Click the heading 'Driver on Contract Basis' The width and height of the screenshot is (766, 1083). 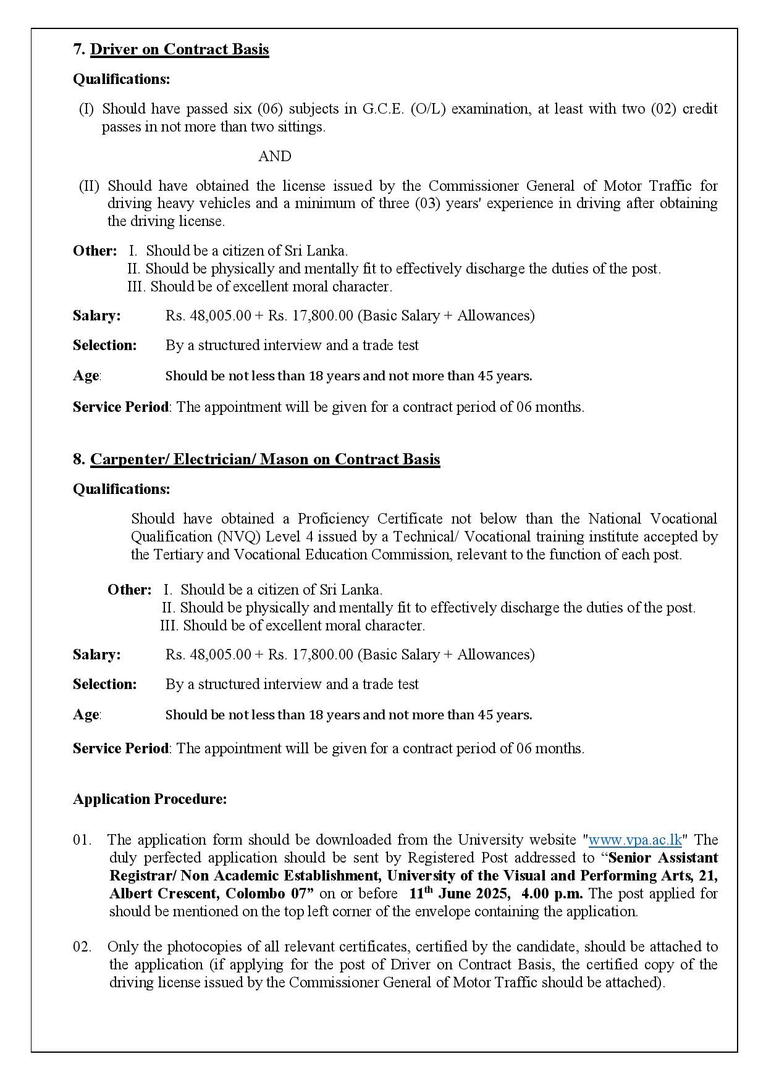pos(179,49)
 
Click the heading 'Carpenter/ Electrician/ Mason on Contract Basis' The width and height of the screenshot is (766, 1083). pos(265,459)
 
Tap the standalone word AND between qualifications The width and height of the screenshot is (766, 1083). pos(275,157)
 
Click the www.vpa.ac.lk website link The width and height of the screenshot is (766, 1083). pos(634,840)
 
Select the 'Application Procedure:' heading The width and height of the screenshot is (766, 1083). pos(149,799)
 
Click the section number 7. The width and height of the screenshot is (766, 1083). pos(79,49)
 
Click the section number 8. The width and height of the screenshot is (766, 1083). pos(79,459)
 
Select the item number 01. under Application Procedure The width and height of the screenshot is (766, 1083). pos(82,840)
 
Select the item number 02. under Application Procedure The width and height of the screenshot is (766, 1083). pos(82,947)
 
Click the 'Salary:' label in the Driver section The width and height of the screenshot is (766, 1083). pos(97,316)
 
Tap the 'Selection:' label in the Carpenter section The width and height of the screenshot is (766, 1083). pos(104,684)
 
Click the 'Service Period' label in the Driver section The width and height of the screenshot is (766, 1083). pos(120,407)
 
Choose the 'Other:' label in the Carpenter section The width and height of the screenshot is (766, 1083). pos(129,590)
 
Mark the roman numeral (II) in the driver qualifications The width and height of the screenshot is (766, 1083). pos(90,186)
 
